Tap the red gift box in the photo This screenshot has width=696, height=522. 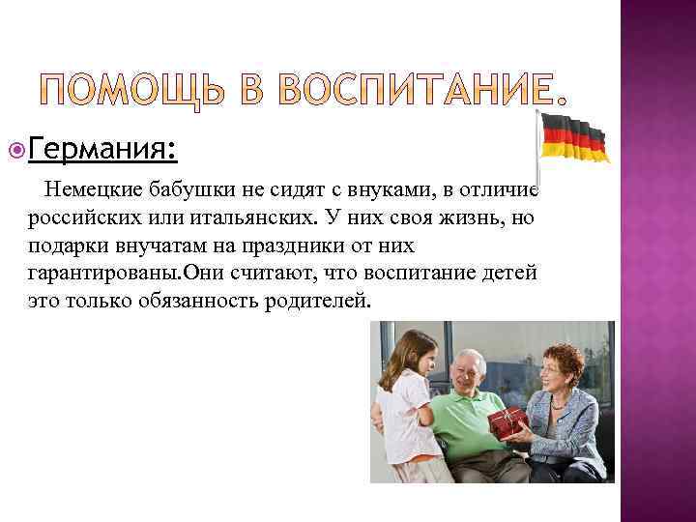pyautogui.click(x=507, y=422)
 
